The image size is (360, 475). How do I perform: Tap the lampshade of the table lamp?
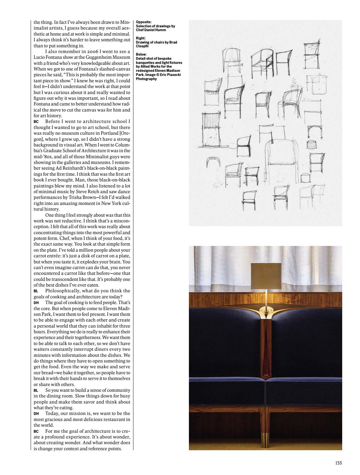[x=265, y=274]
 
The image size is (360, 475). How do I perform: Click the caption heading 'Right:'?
[x=141, y=38]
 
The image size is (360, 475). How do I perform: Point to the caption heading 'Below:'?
[x=141, y=55]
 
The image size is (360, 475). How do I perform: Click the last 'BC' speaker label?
[x=36, y=431]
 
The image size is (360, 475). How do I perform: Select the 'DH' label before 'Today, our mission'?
[x=36, y=414]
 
